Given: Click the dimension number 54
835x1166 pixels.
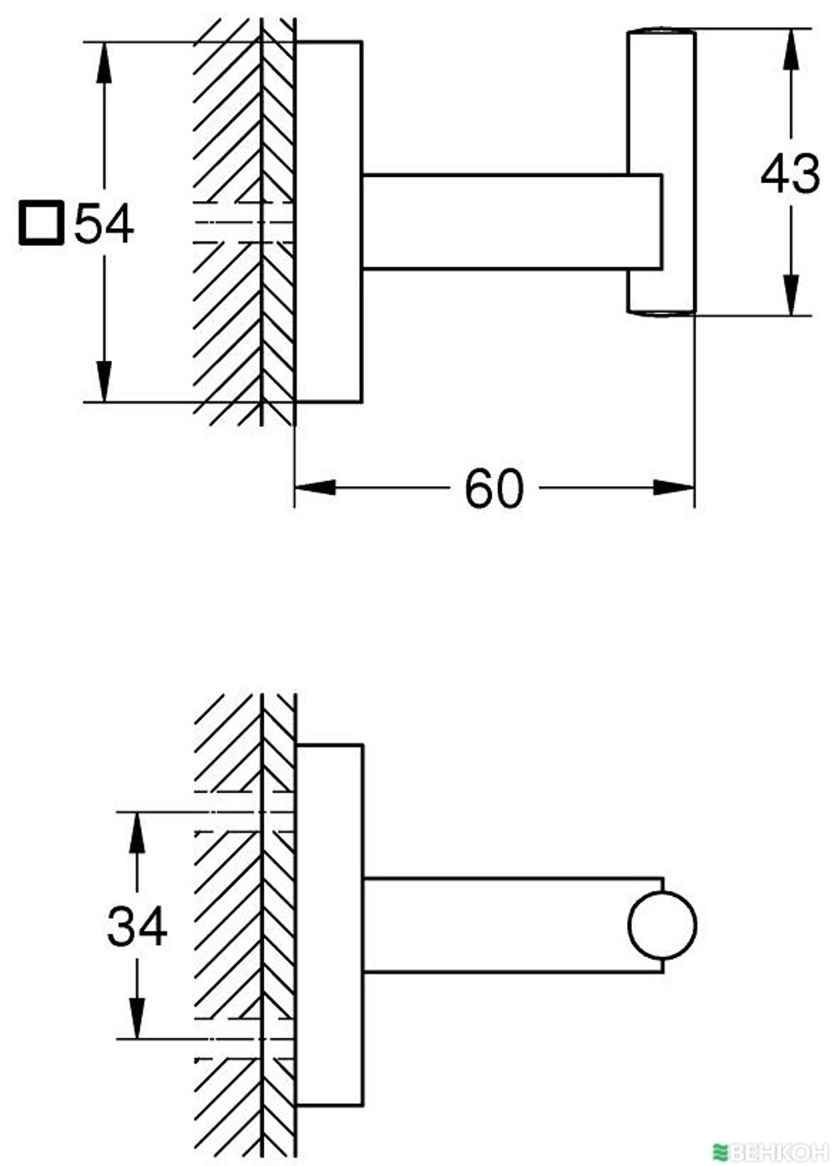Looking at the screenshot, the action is tap(104, 224).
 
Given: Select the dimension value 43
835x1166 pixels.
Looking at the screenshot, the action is tap(790, 174).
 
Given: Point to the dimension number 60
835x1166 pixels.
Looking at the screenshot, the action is tap(493, 489).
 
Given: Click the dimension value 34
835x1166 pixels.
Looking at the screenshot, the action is tap(137, 926).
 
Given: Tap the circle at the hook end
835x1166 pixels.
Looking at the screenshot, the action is tap(662, 925).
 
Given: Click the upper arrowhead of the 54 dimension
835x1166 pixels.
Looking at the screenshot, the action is tap(104, 62).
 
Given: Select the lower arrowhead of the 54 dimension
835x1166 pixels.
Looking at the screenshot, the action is tap(104, 382).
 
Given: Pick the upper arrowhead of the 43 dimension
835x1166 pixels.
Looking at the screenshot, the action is tap(791, 49).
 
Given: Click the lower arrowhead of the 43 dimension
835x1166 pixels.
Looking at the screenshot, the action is tap(791, 295).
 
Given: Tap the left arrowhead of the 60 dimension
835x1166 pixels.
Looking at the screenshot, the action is tap(315, 488).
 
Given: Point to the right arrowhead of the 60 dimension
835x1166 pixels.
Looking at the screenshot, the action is tap(674, 488).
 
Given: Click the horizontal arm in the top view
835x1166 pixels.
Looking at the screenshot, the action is tap(512, 221).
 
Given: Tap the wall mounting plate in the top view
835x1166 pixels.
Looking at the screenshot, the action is tap(328, 221).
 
